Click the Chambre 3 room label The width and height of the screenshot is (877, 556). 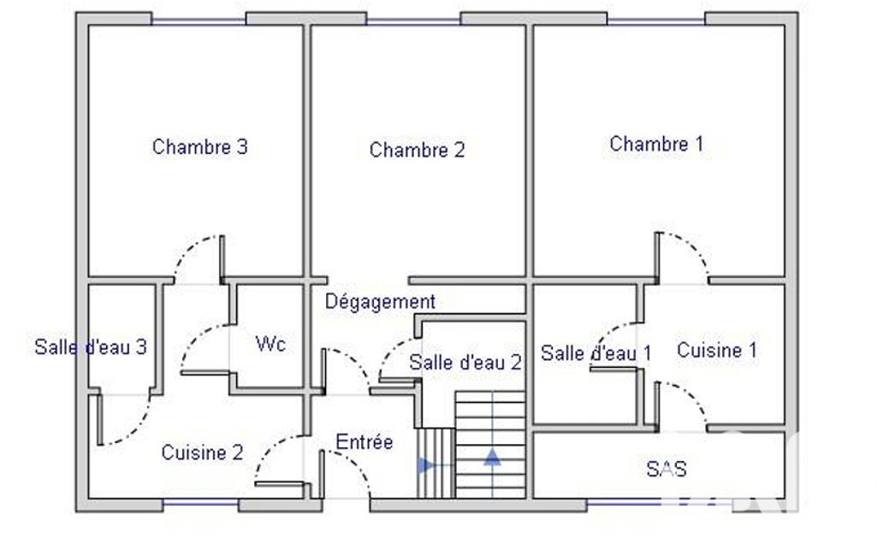click(x=199, y=146)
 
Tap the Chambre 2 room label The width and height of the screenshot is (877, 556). click(x=418, y=150)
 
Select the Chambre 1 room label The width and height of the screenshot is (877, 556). click(x=656, y=144)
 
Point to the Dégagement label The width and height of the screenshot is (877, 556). click(x=381, y=302)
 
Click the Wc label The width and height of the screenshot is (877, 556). click(x=270, y=344)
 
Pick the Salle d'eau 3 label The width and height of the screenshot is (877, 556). click(x=91, y=346)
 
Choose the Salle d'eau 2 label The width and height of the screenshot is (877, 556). click(x=465, y=363)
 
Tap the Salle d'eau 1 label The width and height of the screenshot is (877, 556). click(x=596, y=353)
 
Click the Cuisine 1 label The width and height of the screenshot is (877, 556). click(x=717, y=350)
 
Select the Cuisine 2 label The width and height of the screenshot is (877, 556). click(x=203, y=452)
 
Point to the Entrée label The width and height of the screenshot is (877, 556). click(x=364, y=442)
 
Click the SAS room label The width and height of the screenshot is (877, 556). click(x=667, y=469)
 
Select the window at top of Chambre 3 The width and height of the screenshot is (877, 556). click(x=199, y=21)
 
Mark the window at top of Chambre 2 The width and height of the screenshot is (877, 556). click(x=414, y=21)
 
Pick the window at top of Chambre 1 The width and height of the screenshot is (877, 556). click(x=656, y=21)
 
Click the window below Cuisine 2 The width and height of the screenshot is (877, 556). click(x=201, y=503)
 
